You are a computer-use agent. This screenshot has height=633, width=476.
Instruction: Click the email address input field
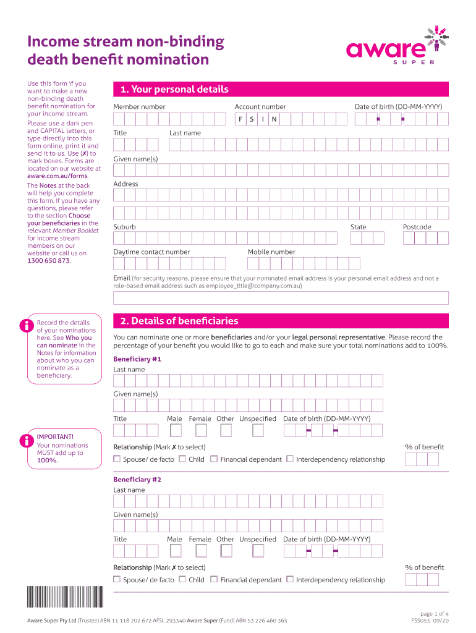click(x=281, y=298)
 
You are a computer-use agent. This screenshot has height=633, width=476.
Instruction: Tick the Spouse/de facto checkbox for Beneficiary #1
click(x=117, y=459)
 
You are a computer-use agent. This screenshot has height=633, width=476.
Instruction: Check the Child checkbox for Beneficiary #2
click(x=182, y=579)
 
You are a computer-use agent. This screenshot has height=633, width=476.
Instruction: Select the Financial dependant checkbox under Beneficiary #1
click(x=214, y=459)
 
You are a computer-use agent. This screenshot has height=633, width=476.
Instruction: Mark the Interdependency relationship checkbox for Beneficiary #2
click(x=290, y=579)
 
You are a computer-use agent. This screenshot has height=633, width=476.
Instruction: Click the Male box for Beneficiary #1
click(x=176, y=430)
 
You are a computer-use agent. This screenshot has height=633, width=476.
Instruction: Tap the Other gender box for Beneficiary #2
click(x=226, y=551)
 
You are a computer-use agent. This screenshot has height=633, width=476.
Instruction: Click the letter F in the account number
click(x=240, y=119)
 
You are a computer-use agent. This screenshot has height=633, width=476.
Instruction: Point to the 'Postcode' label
click(x=417, y=227)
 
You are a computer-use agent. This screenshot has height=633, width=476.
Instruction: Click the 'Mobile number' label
click(x=271, y=252)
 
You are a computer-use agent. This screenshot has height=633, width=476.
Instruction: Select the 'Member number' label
click(x=139, y=106)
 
